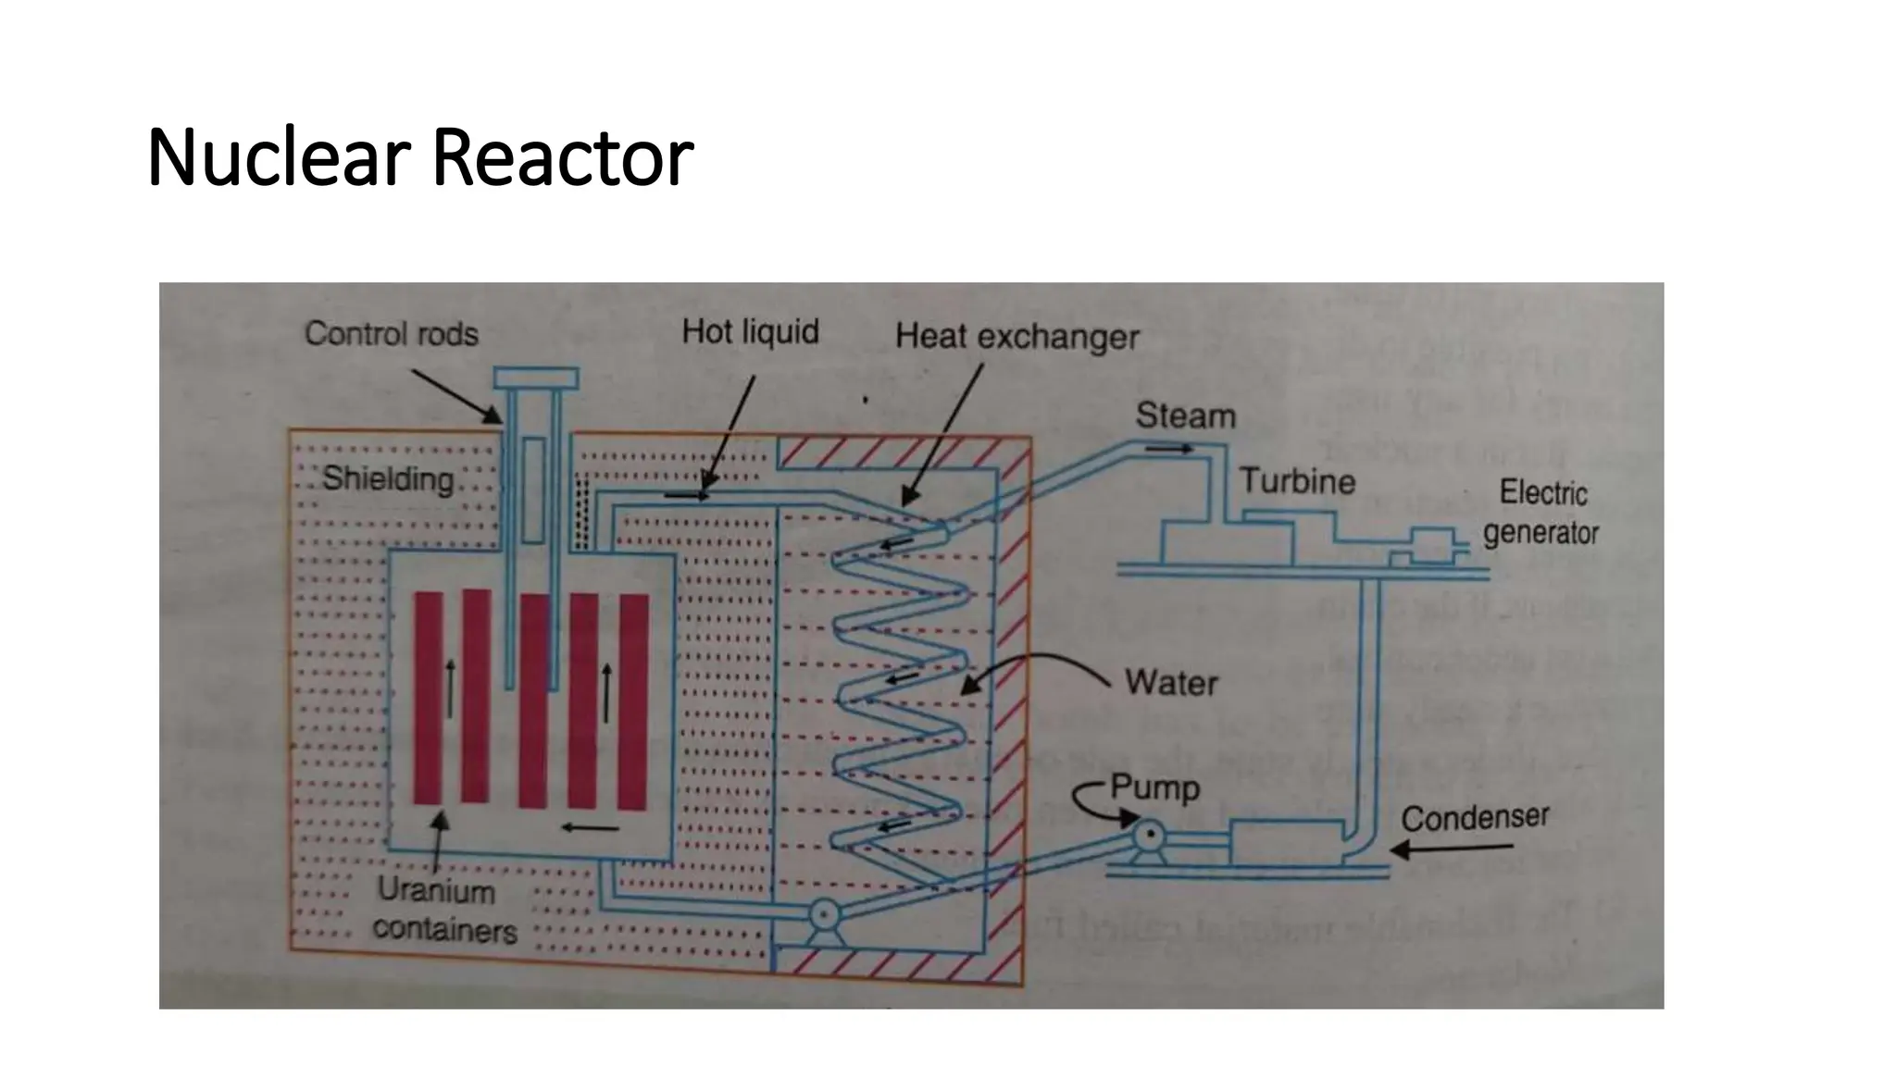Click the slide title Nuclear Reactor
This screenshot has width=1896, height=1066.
419,157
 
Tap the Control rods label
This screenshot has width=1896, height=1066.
391,334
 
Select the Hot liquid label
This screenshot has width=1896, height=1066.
750,331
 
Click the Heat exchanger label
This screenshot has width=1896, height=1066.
1017,337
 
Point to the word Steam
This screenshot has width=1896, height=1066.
1185,416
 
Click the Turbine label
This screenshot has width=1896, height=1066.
1297,481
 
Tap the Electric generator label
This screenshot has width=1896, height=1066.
1541,513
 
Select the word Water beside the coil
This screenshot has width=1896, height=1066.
1171,683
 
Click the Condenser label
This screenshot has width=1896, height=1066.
1474,818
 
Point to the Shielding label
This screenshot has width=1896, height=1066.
387,479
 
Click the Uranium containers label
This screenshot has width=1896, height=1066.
443,911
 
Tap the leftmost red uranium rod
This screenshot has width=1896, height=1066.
428,699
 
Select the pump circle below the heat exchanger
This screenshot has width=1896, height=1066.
822,916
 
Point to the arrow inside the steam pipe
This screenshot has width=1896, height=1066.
1169,449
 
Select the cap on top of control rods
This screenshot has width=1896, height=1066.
535,378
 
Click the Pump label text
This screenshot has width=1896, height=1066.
1154,788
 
